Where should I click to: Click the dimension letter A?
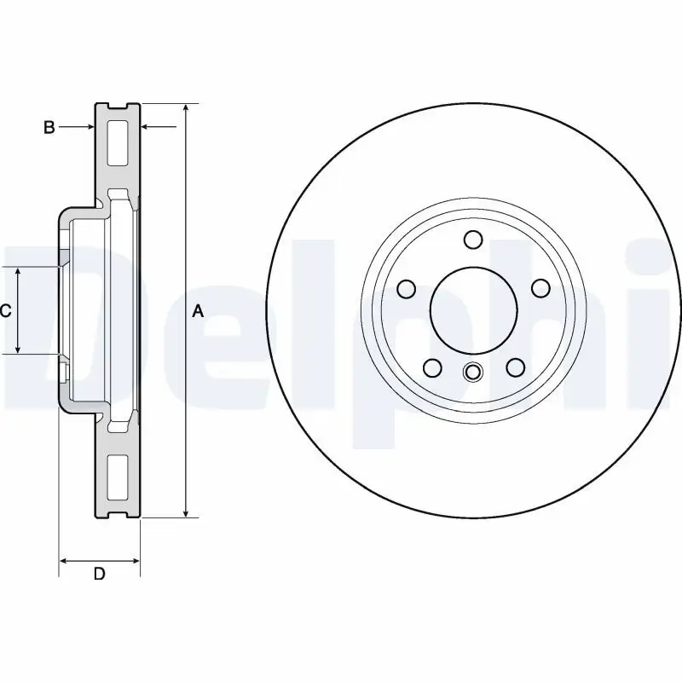point(198,312)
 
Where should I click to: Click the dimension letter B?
point(49,128)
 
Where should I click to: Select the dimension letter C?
point(5,312)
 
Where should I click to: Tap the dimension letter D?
point(99,574)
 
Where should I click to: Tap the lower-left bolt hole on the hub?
point(432,367)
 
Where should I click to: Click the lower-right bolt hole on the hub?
point(516,367)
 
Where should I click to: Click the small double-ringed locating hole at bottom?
point(473,372)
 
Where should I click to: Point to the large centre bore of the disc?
point(473,309)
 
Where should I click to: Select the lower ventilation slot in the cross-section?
point(118,477)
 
